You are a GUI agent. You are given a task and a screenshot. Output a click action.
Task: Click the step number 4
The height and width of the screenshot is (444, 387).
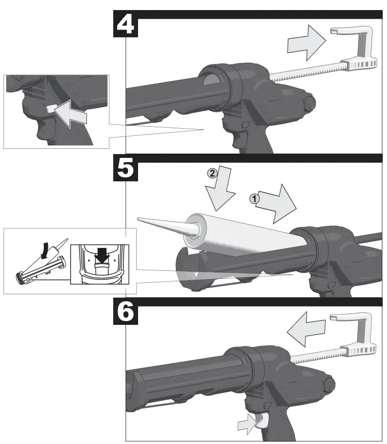(x=126, y=24)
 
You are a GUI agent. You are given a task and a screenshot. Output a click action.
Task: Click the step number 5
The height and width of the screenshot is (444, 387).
(x=126, y=168)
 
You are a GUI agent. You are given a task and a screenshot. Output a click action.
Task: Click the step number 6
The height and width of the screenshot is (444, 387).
(x=126, y=311)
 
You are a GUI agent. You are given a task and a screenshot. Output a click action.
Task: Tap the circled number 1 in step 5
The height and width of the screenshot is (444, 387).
(x=255, y=199)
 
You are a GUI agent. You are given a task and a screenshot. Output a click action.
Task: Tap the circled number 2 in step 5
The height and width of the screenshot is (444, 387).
(x=212, y=173)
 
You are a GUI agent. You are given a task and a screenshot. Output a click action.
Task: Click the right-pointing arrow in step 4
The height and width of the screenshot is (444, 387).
(x=306, y=43)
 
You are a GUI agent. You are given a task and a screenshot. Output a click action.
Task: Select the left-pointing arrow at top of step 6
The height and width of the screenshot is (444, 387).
(x=306, y=329)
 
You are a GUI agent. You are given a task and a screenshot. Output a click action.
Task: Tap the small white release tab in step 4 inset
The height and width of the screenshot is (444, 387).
(x=51, y=109)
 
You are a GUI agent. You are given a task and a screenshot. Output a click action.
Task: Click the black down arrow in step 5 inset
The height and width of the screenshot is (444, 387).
(x=102, y=255)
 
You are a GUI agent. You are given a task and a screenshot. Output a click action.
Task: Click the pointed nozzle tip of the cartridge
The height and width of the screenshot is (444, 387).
(x=138, y=219)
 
